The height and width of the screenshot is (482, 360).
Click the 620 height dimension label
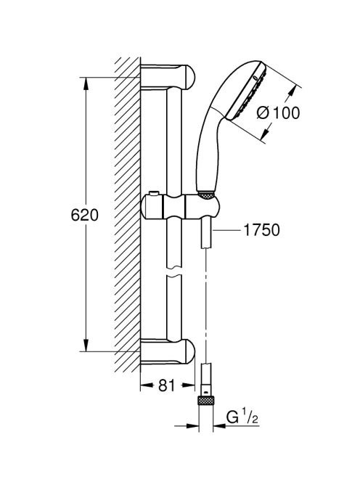coord(84,215)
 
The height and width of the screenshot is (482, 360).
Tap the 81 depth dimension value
coord(167,385)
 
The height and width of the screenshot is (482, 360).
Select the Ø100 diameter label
coord(278,113)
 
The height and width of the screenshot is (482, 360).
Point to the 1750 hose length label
coord(261,229)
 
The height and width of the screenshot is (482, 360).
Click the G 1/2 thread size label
coord(242,417)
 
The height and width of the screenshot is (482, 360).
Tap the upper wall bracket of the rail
coord(168,76)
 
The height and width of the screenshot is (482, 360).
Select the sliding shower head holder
coord(180,206)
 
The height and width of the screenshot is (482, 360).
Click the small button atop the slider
coord(153,193)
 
